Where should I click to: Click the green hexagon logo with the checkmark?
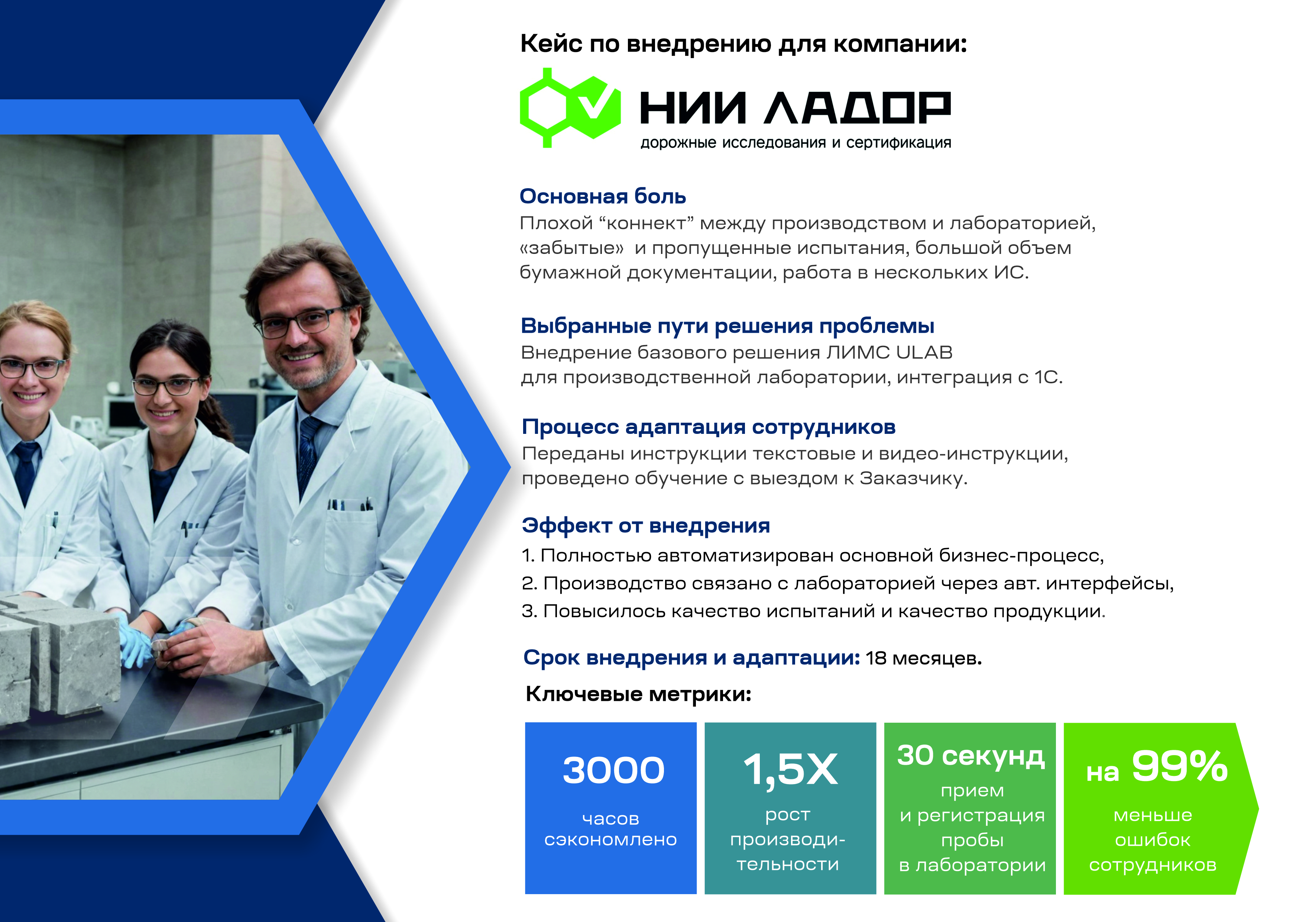coord(570,108)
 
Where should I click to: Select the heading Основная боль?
coord(603,196)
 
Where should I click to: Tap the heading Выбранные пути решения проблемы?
coord(727,326)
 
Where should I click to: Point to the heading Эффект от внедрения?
coord(646,525)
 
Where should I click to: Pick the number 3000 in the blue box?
coord(613,770)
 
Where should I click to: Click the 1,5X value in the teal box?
coord(790,770)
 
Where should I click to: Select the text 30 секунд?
coord(971,756)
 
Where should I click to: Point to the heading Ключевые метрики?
coord(638,694)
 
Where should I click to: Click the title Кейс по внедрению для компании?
coord(743,44)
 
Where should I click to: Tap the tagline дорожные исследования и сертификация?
coord(795,142)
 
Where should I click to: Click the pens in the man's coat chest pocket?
coord(350,504)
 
